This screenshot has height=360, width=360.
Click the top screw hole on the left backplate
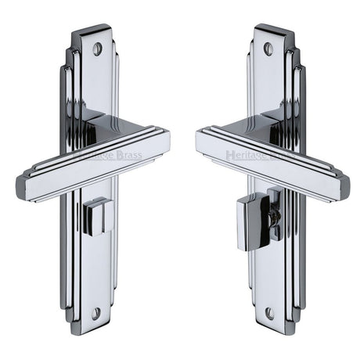pyautogui.click(x=98, y=49)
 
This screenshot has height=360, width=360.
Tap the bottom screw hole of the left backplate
pyautogui.click(x=95, y=313)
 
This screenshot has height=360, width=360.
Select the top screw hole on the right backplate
pyautogui.click(x=268, y=49)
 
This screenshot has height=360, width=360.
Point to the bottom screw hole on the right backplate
pyautogui.click(x=270, y=313)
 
